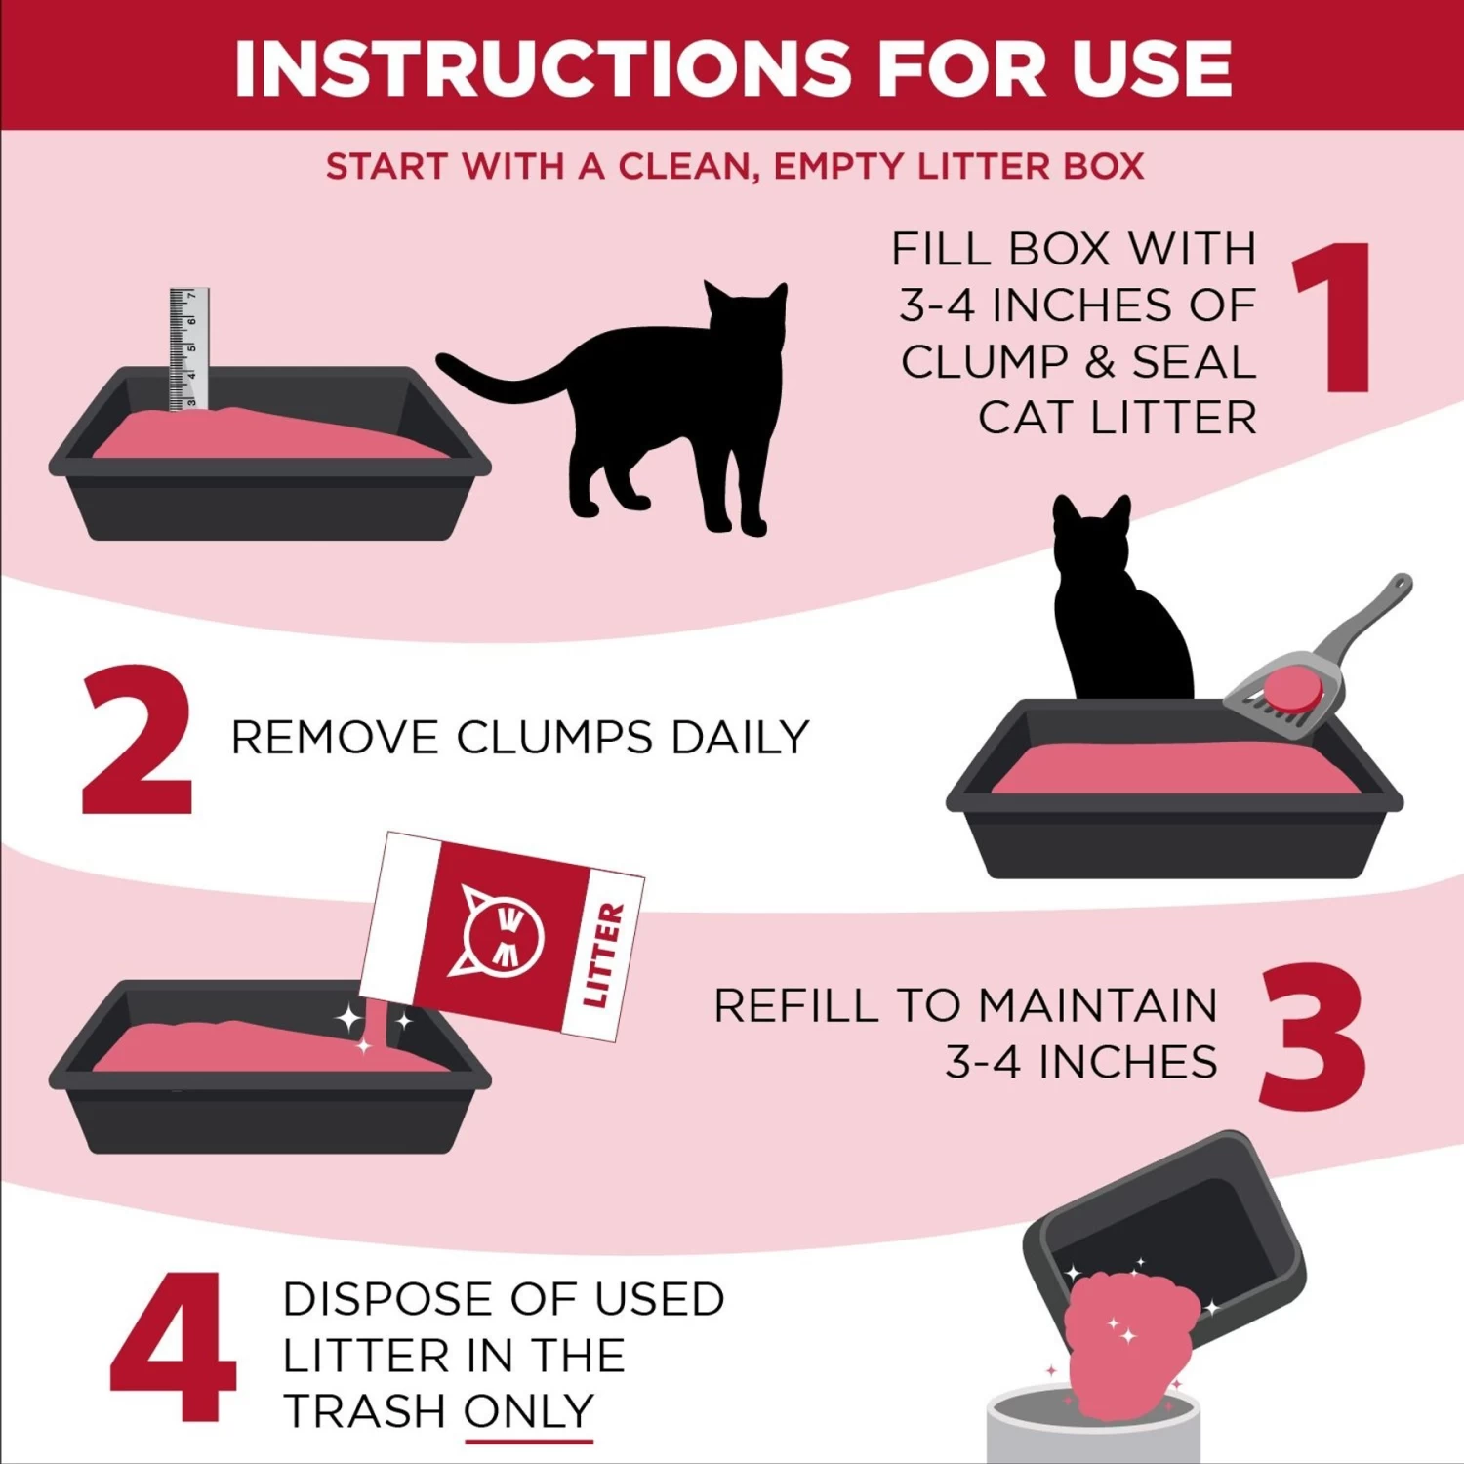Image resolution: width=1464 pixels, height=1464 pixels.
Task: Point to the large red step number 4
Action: pyautogui.click(x=174, y=1346)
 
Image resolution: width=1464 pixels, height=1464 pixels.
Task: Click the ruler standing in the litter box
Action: pyautogui.click(x=188, y=348)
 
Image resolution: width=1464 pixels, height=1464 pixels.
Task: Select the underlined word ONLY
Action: pyautogui.click(x=528, y=1411)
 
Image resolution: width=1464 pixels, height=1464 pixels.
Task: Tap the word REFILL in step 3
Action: pyautogui.click(x=796, y=1006)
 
